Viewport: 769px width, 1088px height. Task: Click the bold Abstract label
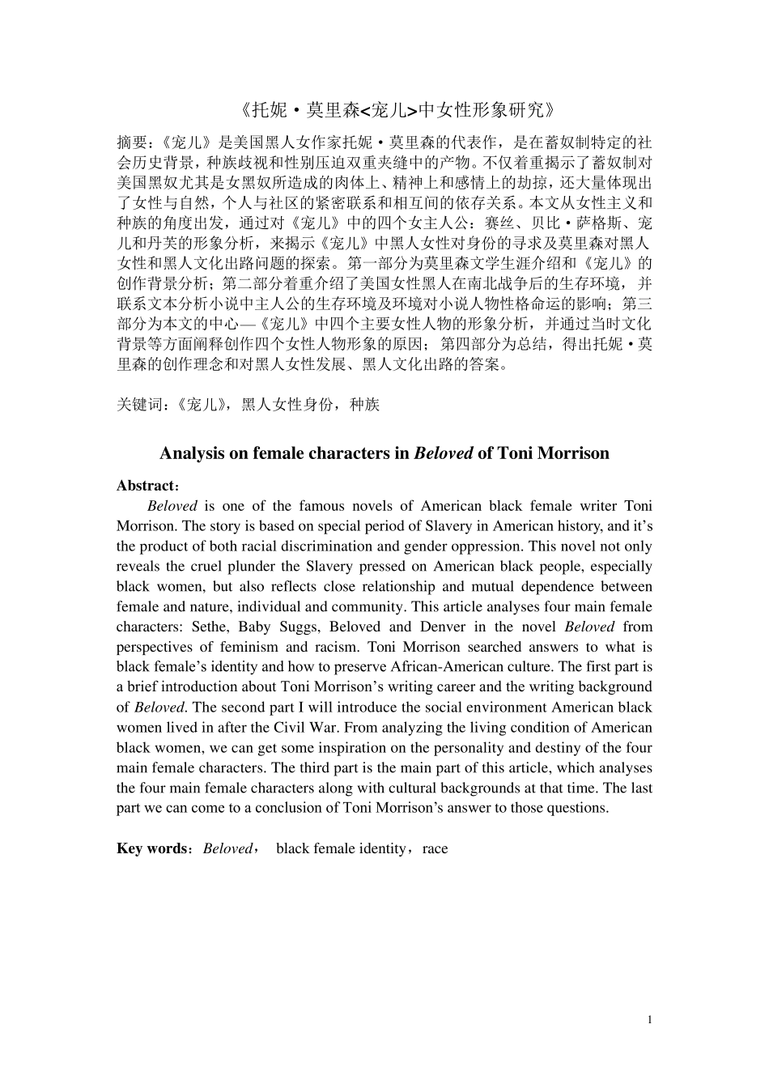(x=146, y=486)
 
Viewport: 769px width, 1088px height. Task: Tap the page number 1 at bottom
(x=649, y=1019)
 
